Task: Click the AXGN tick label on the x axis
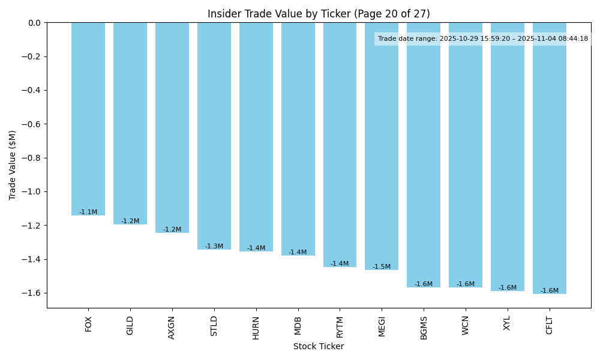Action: [172, 327]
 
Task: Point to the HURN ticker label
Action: [256, 328]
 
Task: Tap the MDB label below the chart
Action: [298, 326]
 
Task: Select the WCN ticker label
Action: [466, 326]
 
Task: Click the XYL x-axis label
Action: [508, 325]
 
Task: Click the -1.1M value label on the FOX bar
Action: [88, 212]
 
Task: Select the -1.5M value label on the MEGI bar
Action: [382, 267]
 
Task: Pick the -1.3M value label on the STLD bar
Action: [214, 247]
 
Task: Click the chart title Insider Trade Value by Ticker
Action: [319, 14]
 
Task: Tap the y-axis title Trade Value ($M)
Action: [13, 165]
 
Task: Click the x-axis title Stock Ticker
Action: [319, 346]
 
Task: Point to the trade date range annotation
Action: [483, 38]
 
